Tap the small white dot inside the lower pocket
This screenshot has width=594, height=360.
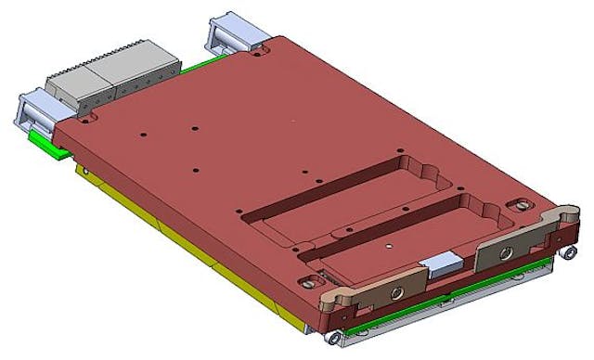click(x=389, y=248)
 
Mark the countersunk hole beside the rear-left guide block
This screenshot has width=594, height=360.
click(x=88, y=120)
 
